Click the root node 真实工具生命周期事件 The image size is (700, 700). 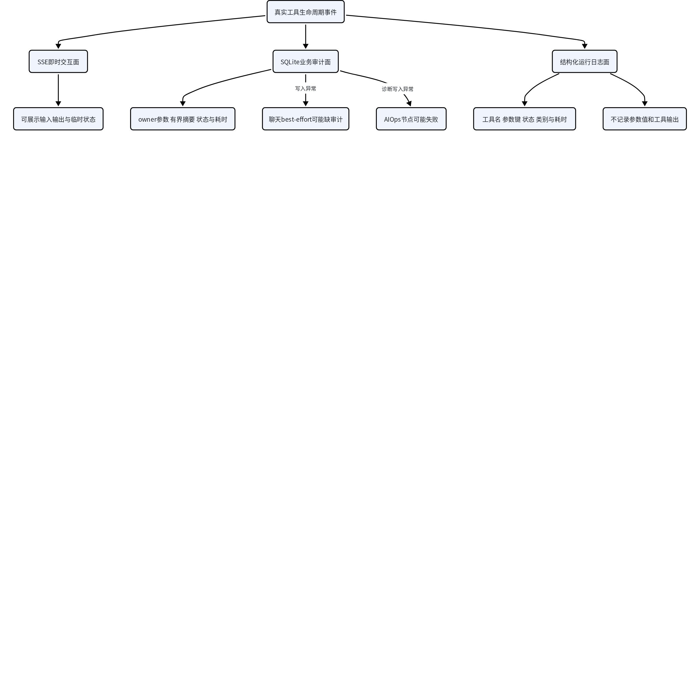305,12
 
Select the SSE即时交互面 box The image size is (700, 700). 58,62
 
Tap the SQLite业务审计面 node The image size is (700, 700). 305,62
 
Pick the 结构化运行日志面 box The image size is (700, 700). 584,62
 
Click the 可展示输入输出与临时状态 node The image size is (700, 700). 58,119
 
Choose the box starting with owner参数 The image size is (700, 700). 183,119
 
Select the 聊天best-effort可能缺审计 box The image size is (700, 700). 305,119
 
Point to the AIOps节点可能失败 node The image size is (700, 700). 411,119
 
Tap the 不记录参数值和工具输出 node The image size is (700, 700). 644,119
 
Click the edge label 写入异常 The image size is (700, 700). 305,88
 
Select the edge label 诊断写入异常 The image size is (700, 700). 398,89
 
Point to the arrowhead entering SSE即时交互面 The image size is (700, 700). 58,46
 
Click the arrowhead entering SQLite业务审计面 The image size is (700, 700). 305,46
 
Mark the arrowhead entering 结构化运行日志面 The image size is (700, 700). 584,46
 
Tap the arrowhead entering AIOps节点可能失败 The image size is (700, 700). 409,104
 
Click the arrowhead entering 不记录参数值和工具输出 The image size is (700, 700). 644,104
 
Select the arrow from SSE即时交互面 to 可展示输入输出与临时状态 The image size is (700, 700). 58,90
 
